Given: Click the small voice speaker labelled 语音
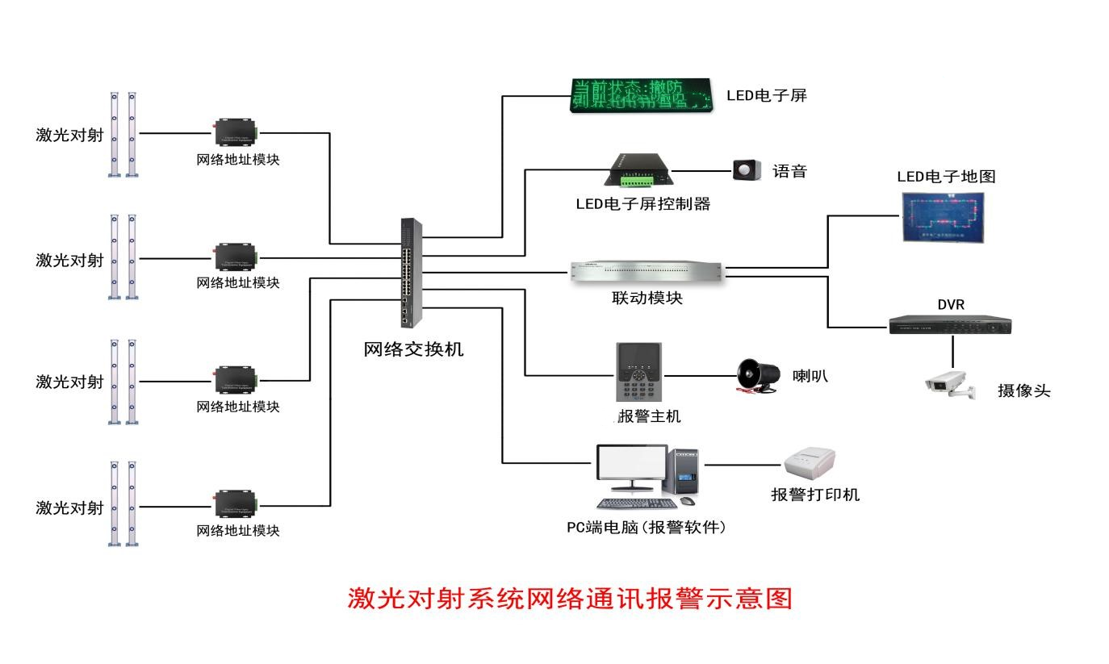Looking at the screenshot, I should coord(747,170).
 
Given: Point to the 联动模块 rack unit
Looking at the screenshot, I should coord(647,273).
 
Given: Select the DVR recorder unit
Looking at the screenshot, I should coord(950,324).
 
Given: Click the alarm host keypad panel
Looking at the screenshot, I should coord(639,372).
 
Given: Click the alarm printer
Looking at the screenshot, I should coord(810,465).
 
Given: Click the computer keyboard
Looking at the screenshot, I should coord(636,503).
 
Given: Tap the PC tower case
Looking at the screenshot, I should coord(684,472).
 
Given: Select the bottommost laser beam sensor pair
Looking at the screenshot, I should coord(123,503).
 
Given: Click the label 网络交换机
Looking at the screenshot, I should coord(413,349).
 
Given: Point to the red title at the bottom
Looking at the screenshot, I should coord(570,598).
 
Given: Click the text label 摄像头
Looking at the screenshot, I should coord(1023,391).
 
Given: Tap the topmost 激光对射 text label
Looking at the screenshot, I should coord(69,135).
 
